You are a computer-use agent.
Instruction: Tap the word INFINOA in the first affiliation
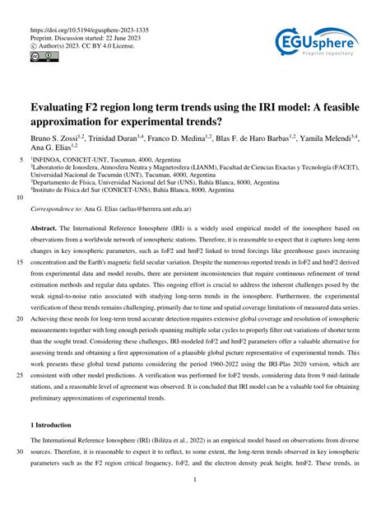click(48, 162)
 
